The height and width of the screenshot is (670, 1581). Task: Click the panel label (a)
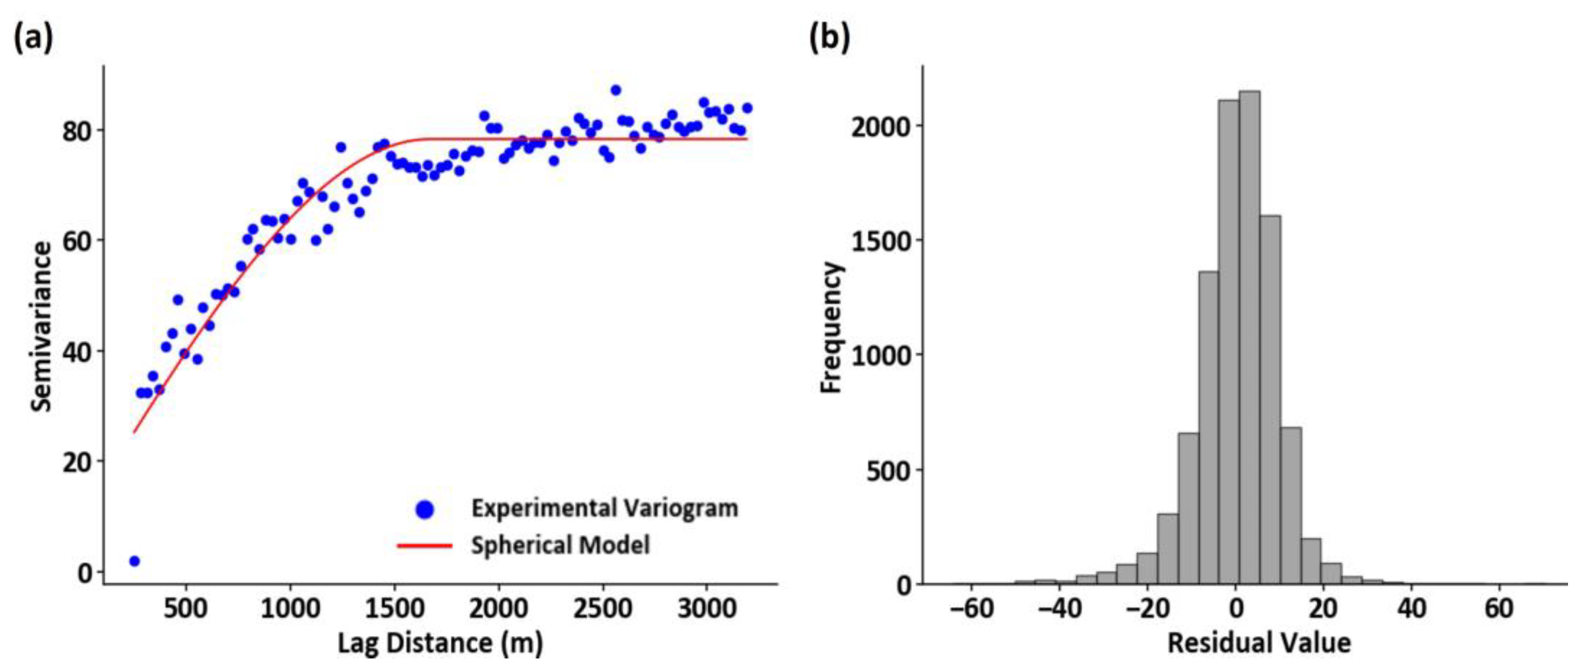[33, 38]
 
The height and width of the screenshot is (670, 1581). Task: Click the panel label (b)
[829, 38]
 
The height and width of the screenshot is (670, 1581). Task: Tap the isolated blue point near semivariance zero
[135, 561]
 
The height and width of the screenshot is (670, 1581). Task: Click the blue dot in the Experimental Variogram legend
[425, 509]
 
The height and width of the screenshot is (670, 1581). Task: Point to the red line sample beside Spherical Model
[425, 545]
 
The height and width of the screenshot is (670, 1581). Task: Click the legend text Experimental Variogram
[605, 508]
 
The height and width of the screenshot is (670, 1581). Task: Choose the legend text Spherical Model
[560, 545]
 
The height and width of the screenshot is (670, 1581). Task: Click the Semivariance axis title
[42, 326]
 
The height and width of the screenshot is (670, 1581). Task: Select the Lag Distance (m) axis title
[440, 644]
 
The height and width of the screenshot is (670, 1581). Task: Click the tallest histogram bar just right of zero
[1249, 338]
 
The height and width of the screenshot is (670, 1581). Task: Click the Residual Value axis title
[1259, 644]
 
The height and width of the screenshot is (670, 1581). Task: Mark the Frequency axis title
[832, 326]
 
